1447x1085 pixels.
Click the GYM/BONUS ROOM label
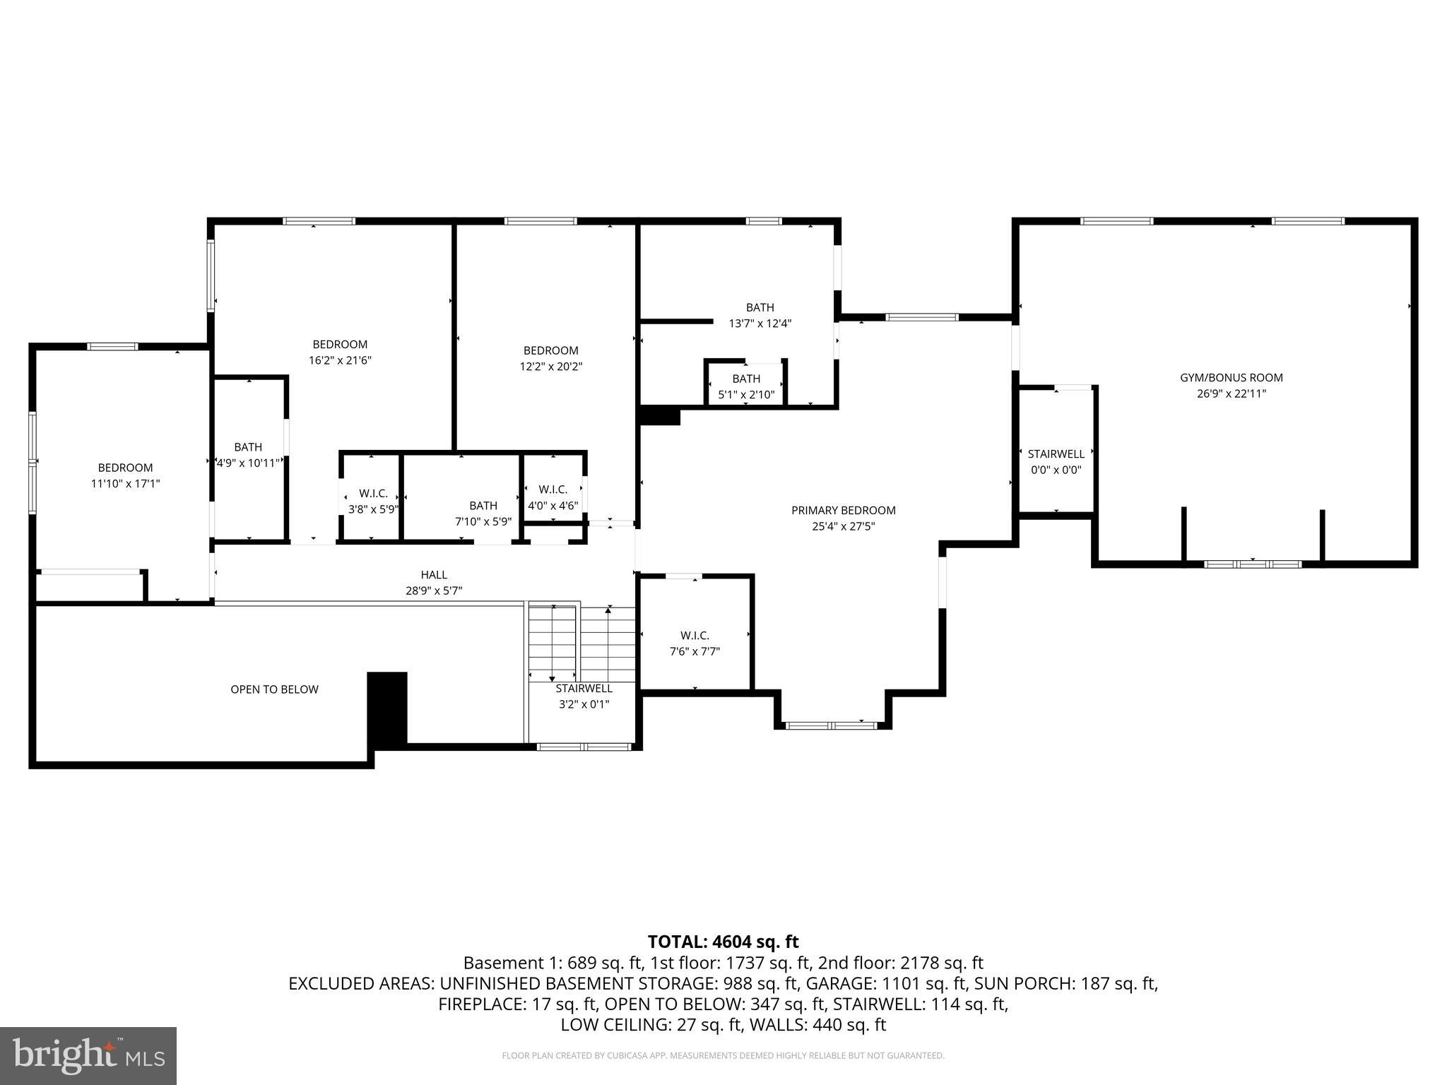1231,378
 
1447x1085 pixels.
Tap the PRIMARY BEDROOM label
843,510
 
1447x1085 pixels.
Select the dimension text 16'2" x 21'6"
340,360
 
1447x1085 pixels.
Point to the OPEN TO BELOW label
274,689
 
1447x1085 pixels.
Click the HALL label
434,575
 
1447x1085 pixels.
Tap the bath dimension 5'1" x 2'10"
746,395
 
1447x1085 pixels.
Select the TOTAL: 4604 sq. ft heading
723,942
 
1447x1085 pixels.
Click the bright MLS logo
88,1055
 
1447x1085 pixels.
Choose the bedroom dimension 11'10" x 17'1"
125,484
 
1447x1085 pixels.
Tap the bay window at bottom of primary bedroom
832,725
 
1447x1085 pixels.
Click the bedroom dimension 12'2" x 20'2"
550,367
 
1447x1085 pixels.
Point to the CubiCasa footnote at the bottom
723,1055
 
